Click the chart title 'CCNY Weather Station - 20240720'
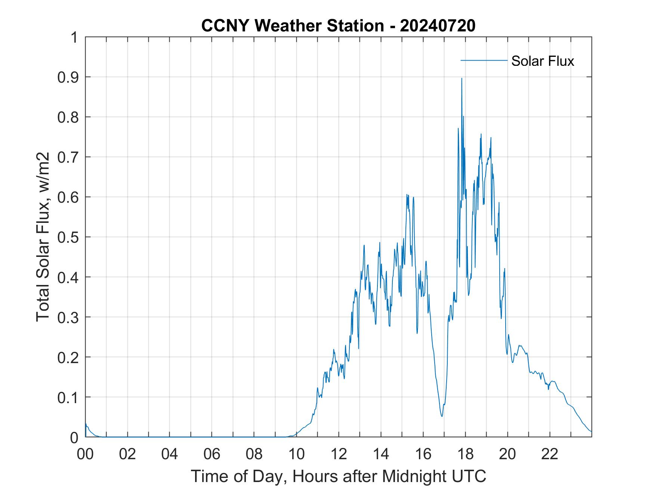pyautogui.click(x=338, y=26)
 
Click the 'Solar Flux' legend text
pyautogui.click(x=542, y=61)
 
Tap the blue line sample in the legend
pyautogui.click(x=484, y=60)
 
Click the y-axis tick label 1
pyautogui.click(x=75, y=37)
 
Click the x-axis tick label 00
pyautogui.click(x=85, y=454)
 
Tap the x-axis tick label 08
pyautogui.click(x=254, y=454)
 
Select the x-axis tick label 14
pyautogui.click(x=381, y=454)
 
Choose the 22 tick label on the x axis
pyautogui.click(x=550, y=454)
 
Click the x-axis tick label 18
pyautogui.click(x=465, y=454)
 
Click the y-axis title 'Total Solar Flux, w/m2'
pyautogui.click(x=43, y=237)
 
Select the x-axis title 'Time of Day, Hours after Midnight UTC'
pyautogui.click(x=338, y=476)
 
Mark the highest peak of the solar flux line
pyautogui.click(x=462, y=79)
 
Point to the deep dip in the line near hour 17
pyautogui.click(x=442, y=416)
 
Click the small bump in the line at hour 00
pyautogui.click(x=86, y=424)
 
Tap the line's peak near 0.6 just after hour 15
pyautogui.click(x=407, y=195)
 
